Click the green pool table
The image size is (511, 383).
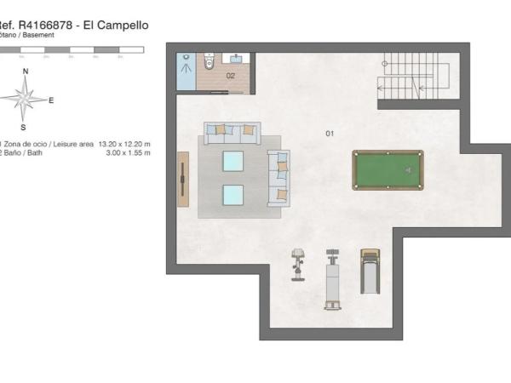388,169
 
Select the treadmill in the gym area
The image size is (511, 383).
370,271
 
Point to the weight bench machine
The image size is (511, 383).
333,278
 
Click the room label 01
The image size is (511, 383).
330,134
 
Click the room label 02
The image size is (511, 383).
230,76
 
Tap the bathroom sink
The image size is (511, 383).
236,59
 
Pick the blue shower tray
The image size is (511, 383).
187,72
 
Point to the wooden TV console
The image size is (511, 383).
183,177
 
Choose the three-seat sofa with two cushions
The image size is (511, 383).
232,130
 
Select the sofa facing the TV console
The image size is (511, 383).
278,178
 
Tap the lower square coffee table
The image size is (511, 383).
233,194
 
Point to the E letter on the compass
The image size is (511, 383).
51,100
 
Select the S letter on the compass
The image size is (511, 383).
23,128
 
